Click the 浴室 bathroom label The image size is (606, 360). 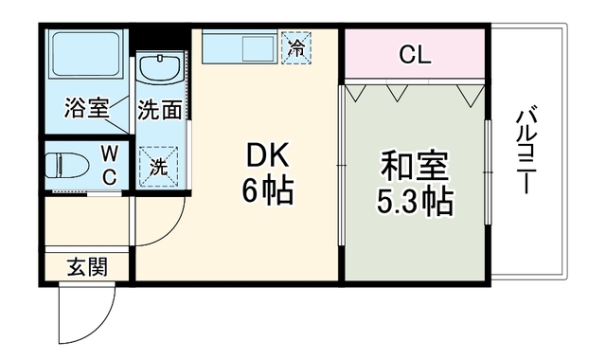tap(87, 108)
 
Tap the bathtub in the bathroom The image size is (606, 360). tap(86, 55)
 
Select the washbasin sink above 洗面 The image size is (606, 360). tap(160, 68)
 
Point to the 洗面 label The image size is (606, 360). tap(160, 110)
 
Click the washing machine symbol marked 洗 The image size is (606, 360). tap(159, 167)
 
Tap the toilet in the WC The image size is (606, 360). tap(67, 166)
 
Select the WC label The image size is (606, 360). tap(110, 167)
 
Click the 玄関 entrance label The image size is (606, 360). tap(87, 267)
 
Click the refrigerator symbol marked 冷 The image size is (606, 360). tap(296, 48)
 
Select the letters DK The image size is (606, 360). tap(267, 155)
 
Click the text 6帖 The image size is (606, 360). tap(267, 190)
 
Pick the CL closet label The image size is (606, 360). tap(415, 55)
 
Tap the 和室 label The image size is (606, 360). tap(415, 167)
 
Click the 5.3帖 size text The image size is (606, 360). tap(415, 202)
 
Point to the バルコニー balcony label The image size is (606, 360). tap(526, 150)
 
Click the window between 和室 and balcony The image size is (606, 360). tap(488, 172)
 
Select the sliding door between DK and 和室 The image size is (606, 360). tap(342, 165)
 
